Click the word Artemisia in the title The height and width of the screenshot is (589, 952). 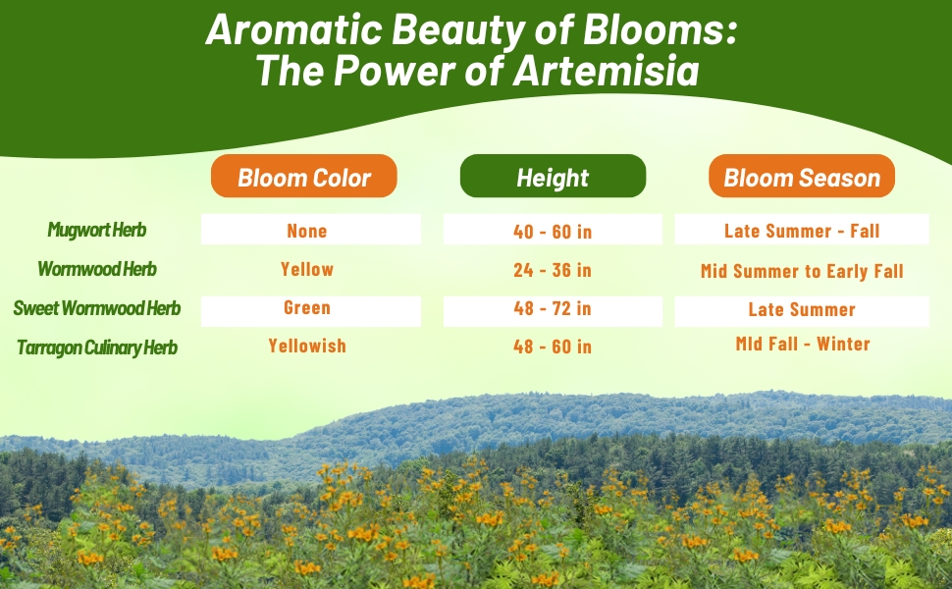606,70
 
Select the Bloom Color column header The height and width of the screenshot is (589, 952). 304,176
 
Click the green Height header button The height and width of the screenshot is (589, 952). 553,176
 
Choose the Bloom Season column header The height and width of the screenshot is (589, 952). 802,176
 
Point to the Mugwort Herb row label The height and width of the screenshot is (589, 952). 97,230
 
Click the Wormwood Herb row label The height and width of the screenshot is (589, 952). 97,268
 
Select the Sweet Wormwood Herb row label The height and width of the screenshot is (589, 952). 97,308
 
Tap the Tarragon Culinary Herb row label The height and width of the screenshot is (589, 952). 97,348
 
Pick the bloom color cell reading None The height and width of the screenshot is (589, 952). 307,231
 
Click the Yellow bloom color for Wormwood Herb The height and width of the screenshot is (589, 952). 307,269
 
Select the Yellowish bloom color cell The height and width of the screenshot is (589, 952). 307,346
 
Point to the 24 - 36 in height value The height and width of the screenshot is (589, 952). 553,270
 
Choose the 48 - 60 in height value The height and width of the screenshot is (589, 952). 553,347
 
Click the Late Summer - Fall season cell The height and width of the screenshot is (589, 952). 802,231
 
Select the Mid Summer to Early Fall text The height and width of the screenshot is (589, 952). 802,271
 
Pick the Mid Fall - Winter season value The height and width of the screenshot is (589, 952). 803,344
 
